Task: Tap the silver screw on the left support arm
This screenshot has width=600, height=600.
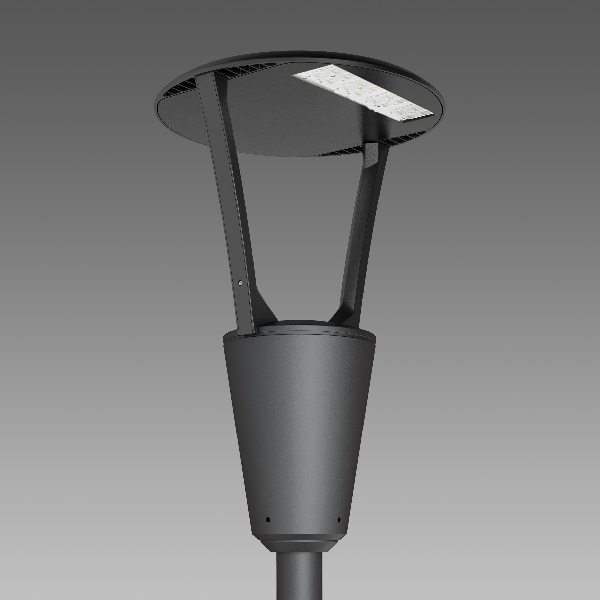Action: pos(240,283)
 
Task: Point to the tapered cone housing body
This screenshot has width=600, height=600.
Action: pos(299,419)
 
